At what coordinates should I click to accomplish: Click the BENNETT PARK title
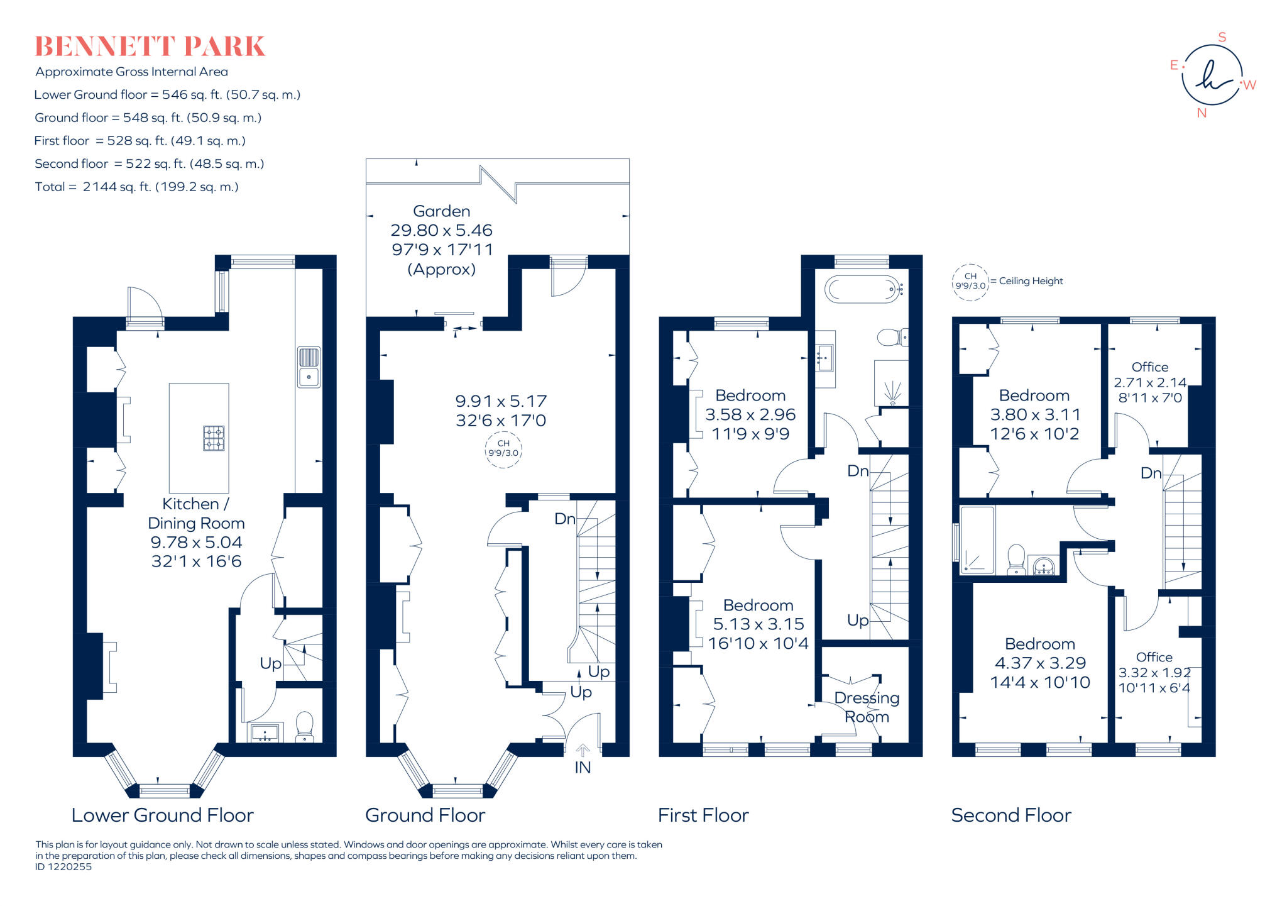tap(150, 47)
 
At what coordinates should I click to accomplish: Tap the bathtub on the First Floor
tap(864, 289)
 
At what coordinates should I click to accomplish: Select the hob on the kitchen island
tap(214, 438)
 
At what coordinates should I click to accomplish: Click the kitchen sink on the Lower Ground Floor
tap(309, 367)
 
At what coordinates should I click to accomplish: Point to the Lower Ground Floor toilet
tap(305, 727)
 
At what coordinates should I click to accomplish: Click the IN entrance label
tap(583, 767)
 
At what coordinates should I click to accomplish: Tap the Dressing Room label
tap(867, 707)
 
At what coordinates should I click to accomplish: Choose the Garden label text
tap(441, 211)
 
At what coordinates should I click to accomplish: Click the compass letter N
tap(1202, 113)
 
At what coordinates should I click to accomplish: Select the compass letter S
tap(1222, 37)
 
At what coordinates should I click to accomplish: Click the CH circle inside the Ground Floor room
tap(503, 448)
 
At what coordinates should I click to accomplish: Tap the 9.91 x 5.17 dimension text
tap(501, 401)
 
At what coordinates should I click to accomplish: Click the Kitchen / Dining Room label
tap(196, 513)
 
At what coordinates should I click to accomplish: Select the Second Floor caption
tap(1011, 815)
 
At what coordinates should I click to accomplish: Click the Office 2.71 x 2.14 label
tap(1150, 382)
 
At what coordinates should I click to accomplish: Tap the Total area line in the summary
tap(137, 187)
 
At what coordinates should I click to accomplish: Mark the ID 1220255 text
tap(63, 866)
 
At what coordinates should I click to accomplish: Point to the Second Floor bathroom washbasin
tap(1043, 566)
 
